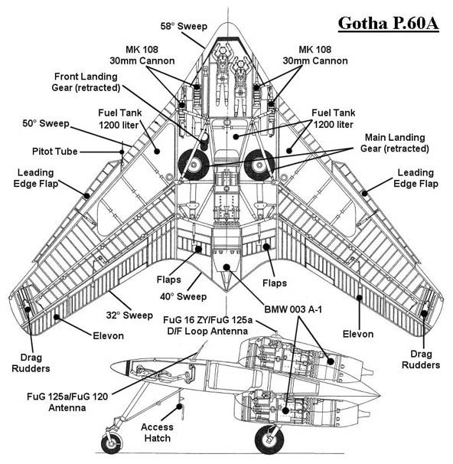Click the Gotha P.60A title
[388, 24]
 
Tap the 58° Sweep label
[184, 26]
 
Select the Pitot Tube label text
[54, 152]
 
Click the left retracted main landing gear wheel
[194, 165]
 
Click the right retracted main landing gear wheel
[259, 165]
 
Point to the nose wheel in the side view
[111, 443]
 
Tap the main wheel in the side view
[269, 439]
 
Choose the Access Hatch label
[157, 433]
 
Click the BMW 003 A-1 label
[293, 309]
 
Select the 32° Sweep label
[129, 315]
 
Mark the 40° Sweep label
[184, 296]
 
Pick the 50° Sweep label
[46, 123]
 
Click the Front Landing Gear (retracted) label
[86, 82]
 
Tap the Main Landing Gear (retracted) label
[395, 142]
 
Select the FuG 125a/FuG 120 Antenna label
[67, 402]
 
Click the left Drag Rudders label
[31, 363]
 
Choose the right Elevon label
[358, 334]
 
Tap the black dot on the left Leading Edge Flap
[86, 195]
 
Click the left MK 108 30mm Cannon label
[142, 55]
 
